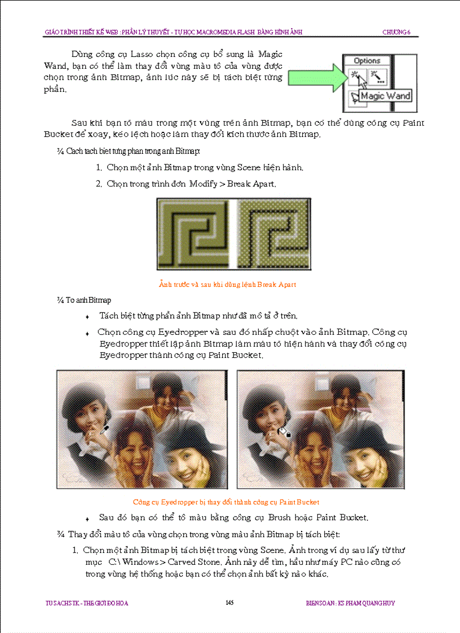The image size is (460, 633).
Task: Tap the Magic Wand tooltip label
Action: coord(386,96)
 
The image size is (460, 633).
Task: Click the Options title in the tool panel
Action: coord(367,61)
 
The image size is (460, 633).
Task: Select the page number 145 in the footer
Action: coord(229,603)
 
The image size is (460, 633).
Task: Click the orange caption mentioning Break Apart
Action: coord(228,285)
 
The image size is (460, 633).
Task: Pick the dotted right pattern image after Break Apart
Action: coord(273,234)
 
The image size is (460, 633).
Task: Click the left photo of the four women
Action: coord(141,430)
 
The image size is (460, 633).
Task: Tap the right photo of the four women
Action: coord(320,430)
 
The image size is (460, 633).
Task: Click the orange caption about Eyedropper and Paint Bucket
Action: coord(226,502)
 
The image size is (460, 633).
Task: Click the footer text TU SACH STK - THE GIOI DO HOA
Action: coord(87,603)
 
